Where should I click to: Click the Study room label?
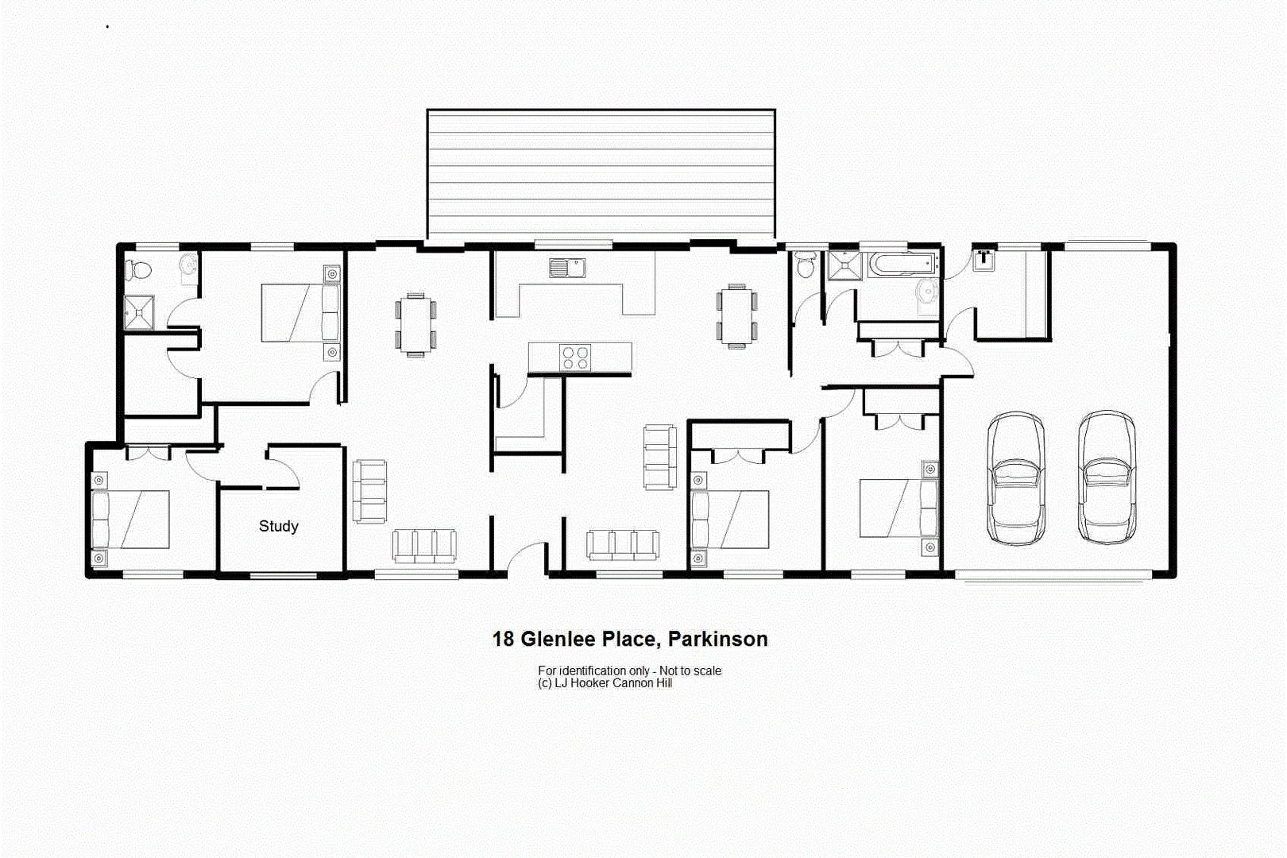coord(278,526)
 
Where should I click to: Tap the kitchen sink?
coord(566,268)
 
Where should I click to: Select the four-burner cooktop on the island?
coord(575,357)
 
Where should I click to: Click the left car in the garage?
coord(1015,477)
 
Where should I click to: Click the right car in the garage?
coord(1107,477)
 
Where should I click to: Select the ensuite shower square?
coord(139,312)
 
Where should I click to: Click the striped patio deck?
coord(601,174)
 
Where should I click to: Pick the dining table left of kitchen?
coord(415,324)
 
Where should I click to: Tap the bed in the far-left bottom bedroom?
coord(131,520)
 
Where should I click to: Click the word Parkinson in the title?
coord(717,640)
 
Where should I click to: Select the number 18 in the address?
coord(503,640)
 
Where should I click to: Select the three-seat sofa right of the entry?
coord(623,545)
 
